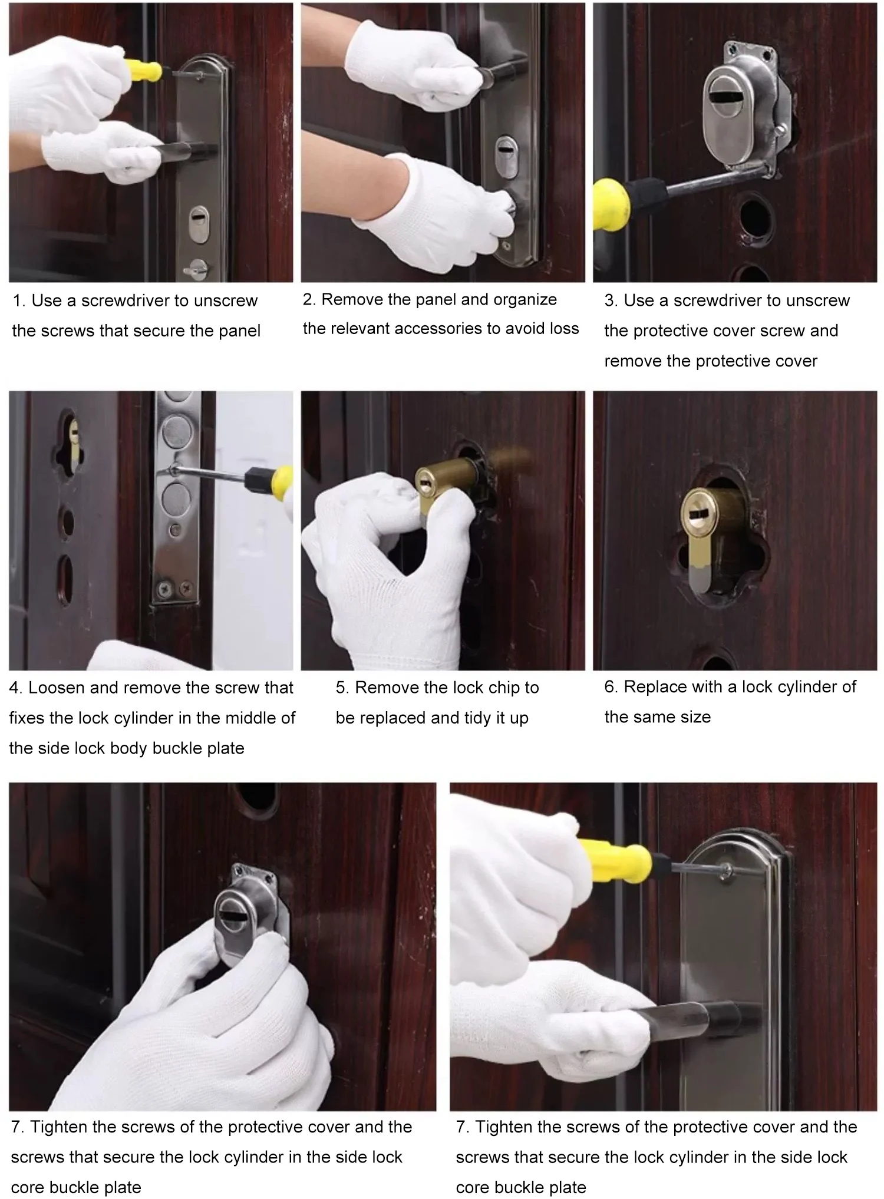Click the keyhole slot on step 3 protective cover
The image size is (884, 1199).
tap(727, 95)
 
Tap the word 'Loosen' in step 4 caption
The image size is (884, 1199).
tap(57, 688)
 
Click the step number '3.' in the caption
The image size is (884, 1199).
tap(611, 300)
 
